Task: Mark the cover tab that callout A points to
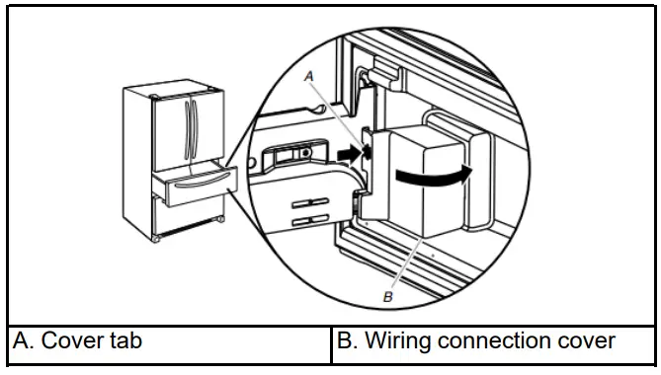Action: (x=366, y=147)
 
